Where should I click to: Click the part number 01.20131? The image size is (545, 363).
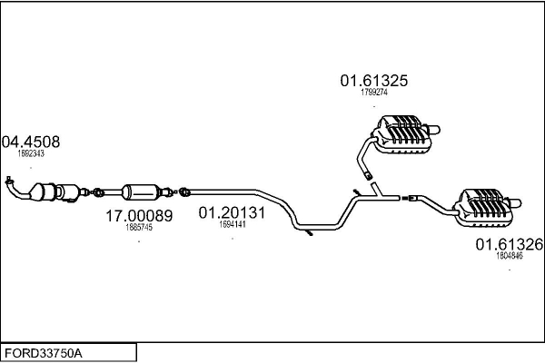[232, 213]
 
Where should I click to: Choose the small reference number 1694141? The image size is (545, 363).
[233, 224]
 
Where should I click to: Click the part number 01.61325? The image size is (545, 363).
[374, 81]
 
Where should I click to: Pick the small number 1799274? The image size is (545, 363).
[374, 93]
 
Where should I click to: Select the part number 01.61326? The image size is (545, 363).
[509, 244]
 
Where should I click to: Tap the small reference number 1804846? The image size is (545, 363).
[509, 256]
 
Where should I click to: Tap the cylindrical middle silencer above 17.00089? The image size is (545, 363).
[140, 191]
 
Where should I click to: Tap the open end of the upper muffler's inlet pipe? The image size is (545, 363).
[368, 174]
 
